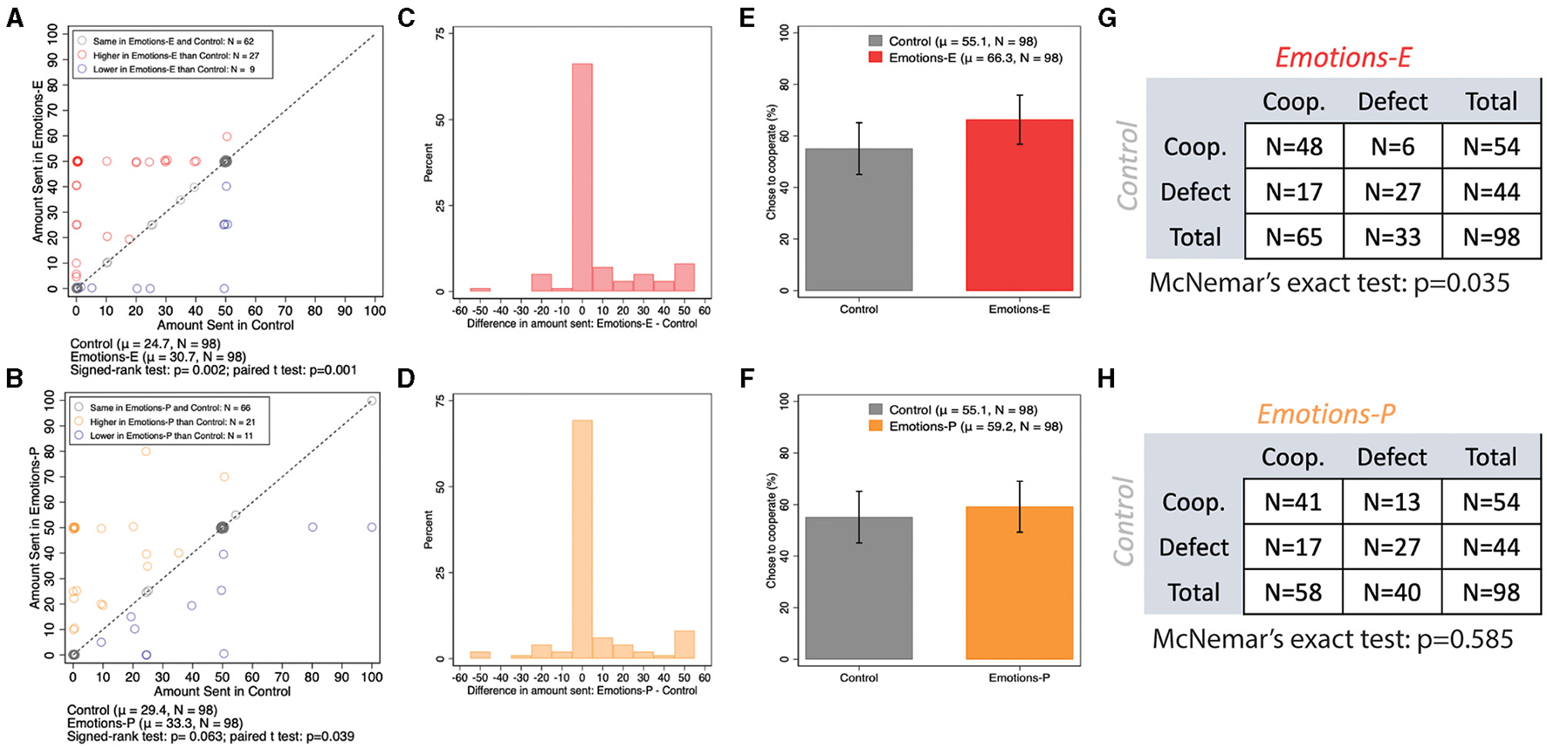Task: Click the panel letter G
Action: coord(1107,18)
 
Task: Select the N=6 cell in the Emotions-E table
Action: coord(1392,147)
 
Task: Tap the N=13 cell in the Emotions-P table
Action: coord(1392,502)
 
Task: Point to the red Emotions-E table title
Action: coord(1343,58)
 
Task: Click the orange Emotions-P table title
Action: coord(1325,414)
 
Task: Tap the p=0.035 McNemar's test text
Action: coord(1329,283)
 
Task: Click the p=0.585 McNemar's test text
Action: coord(1332,639)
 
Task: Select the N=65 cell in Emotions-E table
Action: coord(1294,237)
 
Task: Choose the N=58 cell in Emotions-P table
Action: coord(1293,593)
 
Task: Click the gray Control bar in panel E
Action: coord(859,219)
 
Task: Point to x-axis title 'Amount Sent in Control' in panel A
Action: coord(225,325)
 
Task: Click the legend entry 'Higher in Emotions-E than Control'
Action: coord(175,55)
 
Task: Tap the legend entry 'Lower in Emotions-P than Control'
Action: coord(171,436)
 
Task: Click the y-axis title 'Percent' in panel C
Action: coord(428,162)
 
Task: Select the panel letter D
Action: coord(406,379)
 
